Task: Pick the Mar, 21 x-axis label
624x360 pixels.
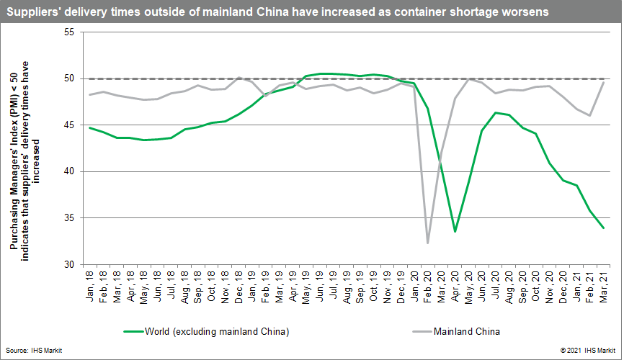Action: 604,284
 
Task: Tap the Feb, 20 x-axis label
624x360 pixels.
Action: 428,284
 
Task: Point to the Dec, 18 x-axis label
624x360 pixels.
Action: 239,284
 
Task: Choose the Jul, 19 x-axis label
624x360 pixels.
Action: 333,284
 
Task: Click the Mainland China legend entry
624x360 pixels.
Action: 466,332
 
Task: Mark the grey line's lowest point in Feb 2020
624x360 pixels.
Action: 428,243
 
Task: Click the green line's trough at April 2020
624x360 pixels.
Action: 455,231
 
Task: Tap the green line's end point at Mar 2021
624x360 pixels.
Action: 603,228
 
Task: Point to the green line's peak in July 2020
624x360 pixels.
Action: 495,112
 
